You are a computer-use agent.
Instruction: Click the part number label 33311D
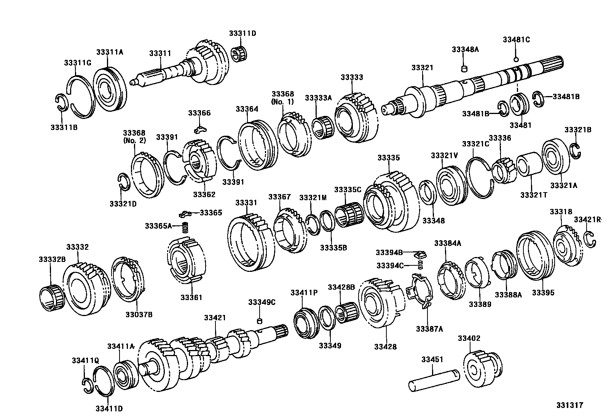pos(242,33)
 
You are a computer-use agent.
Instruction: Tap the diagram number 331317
pos(571,405)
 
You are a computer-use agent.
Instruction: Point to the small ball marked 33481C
pos(516,59)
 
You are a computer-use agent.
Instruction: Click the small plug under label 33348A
pos(464,69)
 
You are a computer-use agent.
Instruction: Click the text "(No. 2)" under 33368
pos(134,140)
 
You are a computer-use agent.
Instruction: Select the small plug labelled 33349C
pos(260,320)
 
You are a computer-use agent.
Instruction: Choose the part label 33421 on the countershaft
pos(215,318)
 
